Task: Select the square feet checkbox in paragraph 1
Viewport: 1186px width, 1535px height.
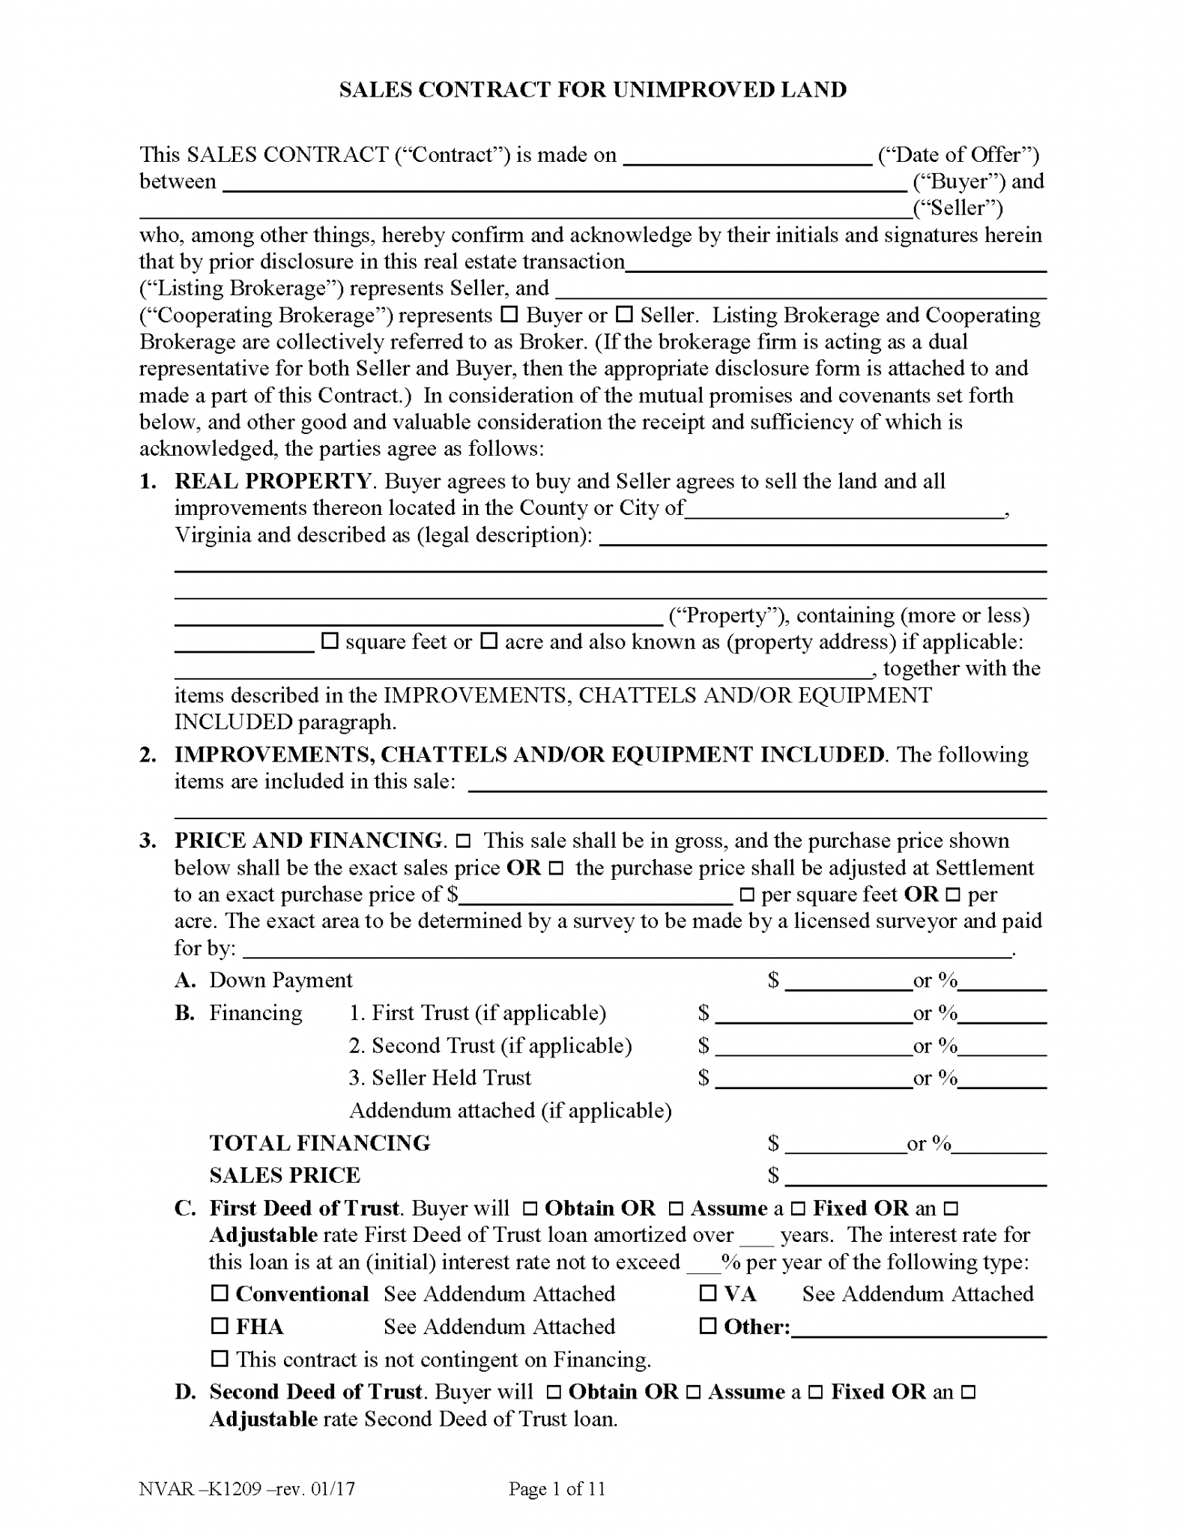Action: click(x=330, y=641)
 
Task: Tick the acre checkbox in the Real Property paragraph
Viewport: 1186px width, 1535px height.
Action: click(x=488, y=641)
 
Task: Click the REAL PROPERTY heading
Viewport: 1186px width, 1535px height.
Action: click(x=273, y=481)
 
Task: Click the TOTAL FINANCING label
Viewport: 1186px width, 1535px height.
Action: click(x=320, y=1143)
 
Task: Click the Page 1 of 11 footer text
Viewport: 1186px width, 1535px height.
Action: click(x=557, y=1489)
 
